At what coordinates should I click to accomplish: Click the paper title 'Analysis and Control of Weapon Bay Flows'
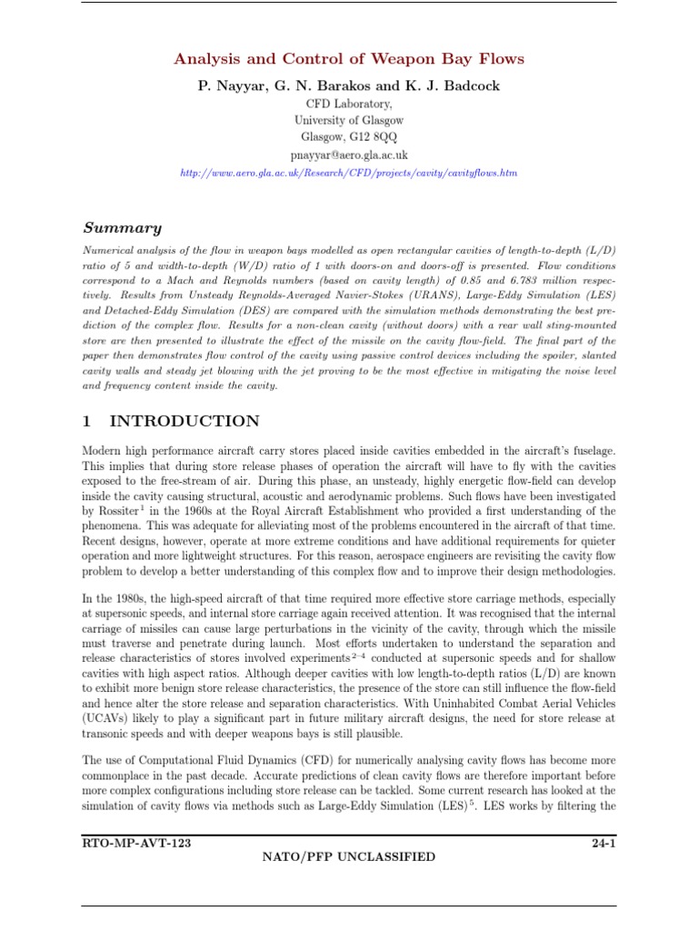349,59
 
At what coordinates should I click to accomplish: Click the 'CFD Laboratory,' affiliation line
349,104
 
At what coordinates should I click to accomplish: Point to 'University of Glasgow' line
349,120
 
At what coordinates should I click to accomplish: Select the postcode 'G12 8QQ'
374,137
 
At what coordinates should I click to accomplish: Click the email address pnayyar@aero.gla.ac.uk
349,155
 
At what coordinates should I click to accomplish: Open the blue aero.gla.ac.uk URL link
349,172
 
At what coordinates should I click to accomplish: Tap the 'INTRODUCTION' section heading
184,421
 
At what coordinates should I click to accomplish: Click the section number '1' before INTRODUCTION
87,421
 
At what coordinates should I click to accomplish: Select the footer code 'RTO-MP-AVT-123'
136,843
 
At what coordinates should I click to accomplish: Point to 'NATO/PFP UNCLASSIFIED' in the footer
349,856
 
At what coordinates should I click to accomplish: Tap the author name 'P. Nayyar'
227,85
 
